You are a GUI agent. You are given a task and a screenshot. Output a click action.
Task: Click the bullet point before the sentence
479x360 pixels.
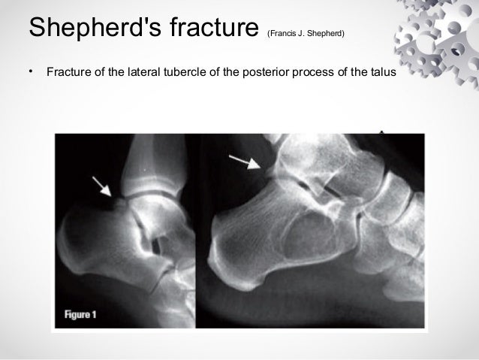31,72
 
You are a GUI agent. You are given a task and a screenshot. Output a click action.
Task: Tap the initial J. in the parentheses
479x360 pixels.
302,33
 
